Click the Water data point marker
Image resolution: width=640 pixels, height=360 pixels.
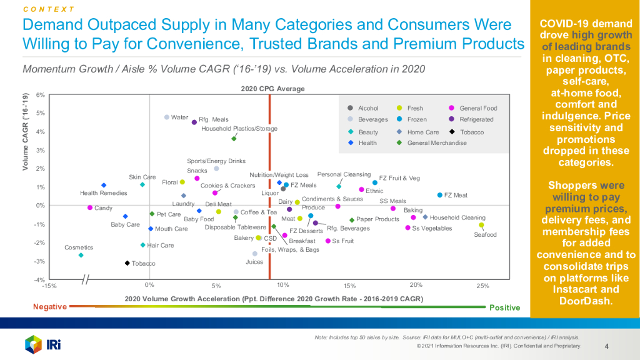[167, 117]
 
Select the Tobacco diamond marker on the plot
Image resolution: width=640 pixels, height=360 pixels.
[127, 263]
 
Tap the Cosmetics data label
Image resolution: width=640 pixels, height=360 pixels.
[78, 247]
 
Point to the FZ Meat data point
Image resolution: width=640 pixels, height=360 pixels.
[440, 195]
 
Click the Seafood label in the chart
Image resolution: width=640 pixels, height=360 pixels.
[485, 235]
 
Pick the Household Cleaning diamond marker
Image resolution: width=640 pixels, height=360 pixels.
[425, 217]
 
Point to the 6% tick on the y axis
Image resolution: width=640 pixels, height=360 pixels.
[40, 95]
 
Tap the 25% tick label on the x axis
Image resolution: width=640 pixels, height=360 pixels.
[482, 286]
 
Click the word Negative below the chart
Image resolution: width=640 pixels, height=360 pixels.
[49, 306]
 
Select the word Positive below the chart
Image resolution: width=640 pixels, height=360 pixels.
[505, 307]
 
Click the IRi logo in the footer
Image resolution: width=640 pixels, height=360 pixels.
[42, 344]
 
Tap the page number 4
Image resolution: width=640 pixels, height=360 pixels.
[607, 346]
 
